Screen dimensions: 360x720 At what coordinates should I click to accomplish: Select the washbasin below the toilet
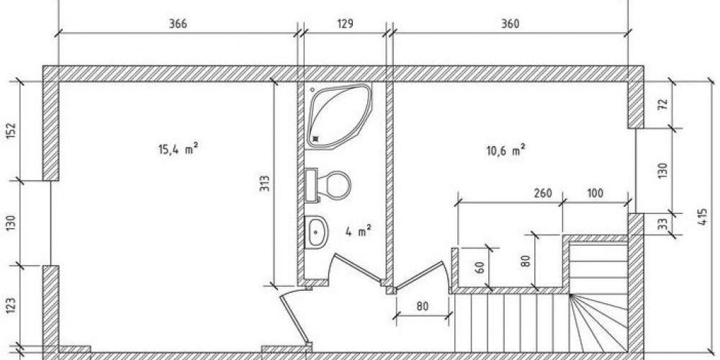[x=316, y=231]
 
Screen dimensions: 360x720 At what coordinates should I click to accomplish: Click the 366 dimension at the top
[x=178, y=24]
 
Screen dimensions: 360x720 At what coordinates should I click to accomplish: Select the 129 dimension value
[x=345, y=24]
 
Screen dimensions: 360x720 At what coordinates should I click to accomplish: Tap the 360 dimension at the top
[x=510, y=24]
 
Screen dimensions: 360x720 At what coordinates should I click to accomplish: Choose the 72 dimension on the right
[x=663, y=104]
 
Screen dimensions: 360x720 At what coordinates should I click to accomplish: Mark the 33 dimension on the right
[x=663, y=225]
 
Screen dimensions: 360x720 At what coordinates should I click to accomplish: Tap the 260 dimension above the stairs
[x=544, y=193]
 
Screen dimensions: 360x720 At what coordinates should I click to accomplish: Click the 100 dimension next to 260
[x=595, y=193]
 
